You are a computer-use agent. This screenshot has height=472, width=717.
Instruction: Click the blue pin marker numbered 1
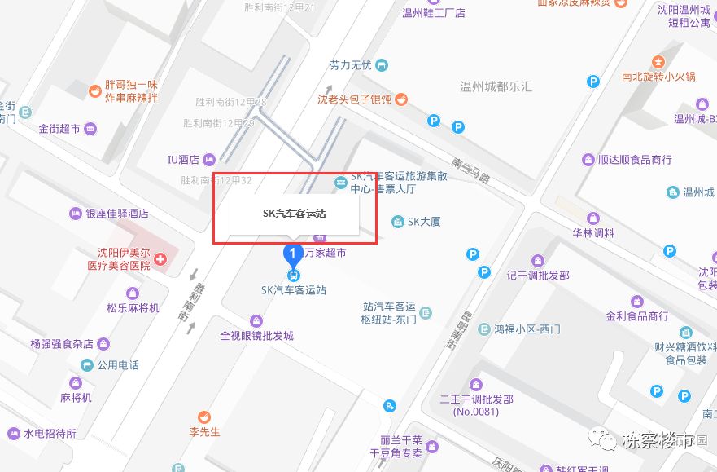pyautogui.click(x=293, y=254)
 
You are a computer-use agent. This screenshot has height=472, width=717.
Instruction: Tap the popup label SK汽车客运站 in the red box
pyautogui.click(x=294, y=214)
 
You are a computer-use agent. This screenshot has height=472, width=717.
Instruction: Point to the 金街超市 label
pyautogui.click(x=59, y=129)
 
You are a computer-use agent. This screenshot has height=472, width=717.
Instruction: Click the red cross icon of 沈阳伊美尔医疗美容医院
pyautogui.click(x=160, y=259)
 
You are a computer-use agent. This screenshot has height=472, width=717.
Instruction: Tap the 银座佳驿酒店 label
pyautogui.click(x=117, y=214)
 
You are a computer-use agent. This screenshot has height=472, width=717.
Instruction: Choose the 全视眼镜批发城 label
pyautogui.click(x=256, y=335)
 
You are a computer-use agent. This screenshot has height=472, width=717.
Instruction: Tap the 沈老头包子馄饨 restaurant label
pyautogui.click(x=355, y=99)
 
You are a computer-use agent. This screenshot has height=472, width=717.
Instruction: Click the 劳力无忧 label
pyautogui.click(x=351, y=65)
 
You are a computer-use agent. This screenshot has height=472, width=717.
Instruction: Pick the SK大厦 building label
pyautogui.click(x=423, y=221)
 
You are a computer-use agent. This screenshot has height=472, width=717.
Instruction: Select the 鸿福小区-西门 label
pyautogui.click(x=527, y=329)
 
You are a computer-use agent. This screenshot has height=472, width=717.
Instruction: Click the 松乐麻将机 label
pyautogui.click(x=133, y=308)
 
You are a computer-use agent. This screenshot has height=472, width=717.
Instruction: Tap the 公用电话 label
pyautogui.click(x=117, y=365)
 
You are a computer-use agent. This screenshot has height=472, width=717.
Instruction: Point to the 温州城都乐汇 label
pyautogui.click(x=496, y=86)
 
